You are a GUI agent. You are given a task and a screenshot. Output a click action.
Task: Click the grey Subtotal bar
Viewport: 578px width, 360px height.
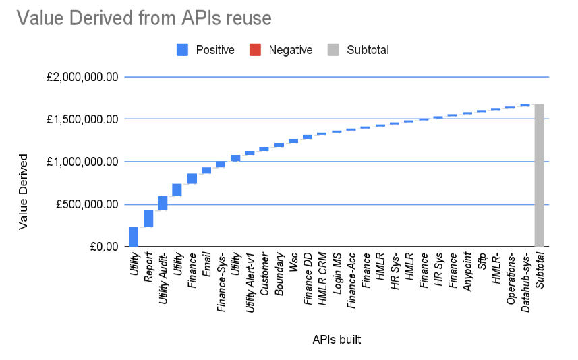539,175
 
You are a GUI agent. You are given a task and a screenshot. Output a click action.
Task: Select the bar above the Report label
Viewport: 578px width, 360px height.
148,218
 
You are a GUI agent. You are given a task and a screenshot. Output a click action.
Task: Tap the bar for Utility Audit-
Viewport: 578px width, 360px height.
163,203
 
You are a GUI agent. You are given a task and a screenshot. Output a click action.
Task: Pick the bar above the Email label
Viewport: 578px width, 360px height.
206,171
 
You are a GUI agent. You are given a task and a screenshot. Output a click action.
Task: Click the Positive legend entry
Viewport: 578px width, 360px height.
206,49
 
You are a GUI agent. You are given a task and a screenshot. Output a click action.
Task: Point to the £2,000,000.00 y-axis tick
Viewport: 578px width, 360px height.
82,77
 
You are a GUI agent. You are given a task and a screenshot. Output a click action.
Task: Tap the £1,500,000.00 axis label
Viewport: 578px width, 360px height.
82,119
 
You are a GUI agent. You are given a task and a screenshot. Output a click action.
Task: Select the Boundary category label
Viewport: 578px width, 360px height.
279,272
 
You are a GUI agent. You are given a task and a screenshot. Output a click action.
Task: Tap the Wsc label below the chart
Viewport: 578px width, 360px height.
294,262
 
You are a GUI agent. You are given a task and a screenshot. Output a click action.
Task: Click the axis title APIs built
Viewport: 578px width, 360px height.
336,340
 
